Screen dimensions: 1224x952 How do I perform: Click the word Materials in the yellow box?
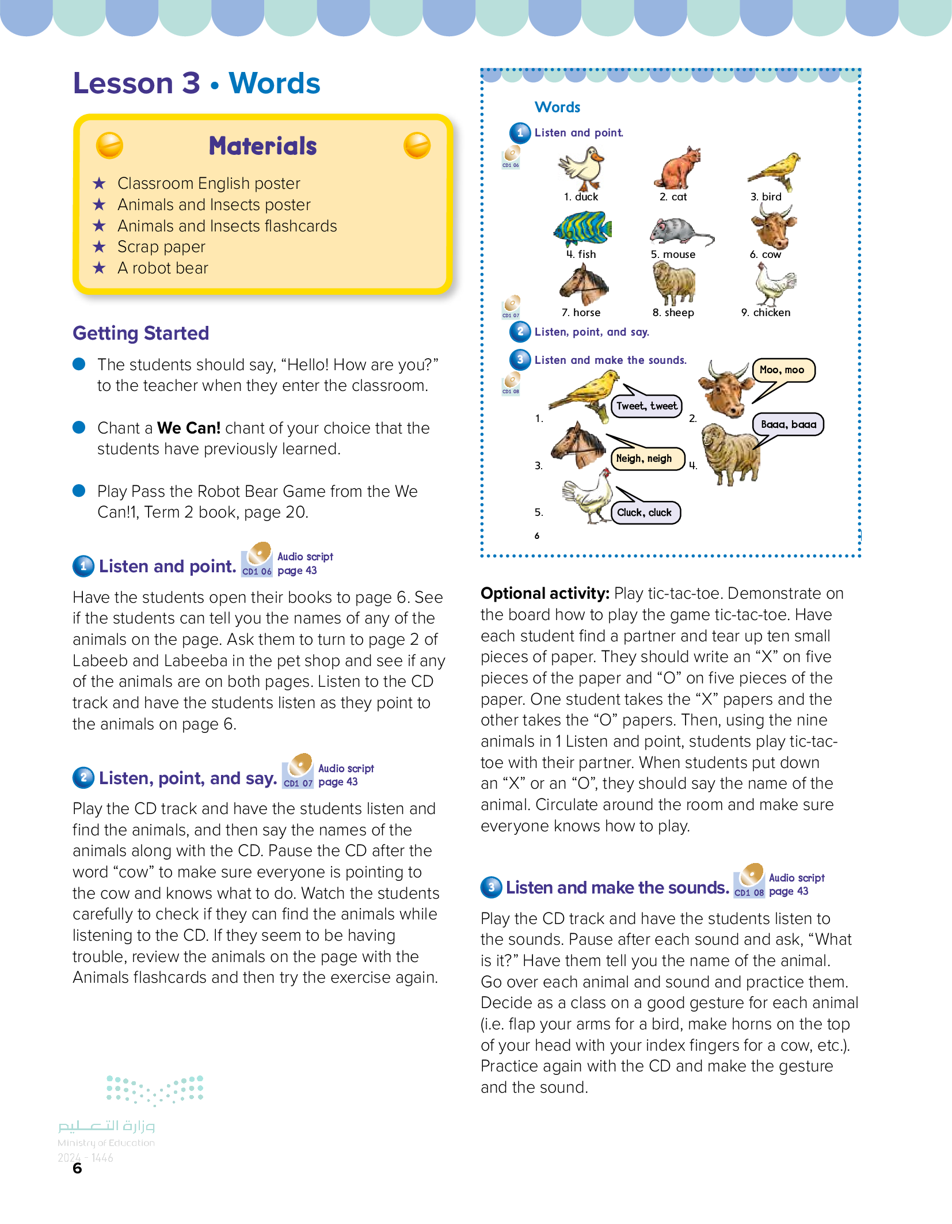click(x=262, y=146)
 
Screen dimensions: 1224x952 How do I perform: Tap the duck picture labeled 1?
click(x=582, y=168)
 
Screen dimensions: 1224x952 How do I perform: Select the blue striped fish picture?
click(x=582, y=229)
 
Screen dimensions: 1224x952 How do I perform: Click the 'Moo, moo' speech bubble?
click(x=782, y=370)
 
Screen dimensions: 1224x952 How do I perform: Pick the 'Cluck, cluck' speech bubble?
click(x=644, y=512)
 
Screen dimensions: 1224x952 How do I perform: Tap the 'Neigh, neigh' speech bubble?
click(x=644, y=459)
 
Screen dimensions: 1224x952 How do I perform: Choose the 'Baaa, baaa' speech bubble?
click(x=788, y=425)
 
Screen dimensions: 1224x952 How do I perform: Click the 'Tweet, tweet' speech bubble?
click(x=646, y=406)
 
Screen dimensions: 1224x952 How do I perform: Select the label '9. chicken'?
click(x=766, y=313)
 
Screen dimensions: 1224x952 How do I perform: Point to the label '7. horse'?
click(x=581, y=313)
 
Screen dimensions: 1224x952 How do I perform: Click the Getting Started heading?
click(x=141, y=333)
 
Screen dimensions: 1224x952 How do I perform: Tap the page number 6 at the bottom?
click(x=77, y=1169)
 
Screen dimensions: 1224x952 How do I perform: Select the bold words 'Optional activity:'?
click(x=544, y=594)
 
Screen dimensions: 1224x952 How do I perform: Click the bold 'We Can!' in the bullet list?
click(x=189, y=428)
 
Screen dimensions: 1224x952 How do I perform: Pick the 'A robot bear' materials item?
click(x=162, y=268)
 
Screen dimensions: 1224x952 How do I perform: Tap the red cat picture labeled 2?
click(x=678, y=168)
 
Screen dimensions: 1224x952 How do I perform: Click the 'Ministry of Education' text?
click(x=106, y=1143)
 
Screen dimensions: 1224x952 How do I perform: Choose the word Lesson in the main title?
click(x=123, y=83)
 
